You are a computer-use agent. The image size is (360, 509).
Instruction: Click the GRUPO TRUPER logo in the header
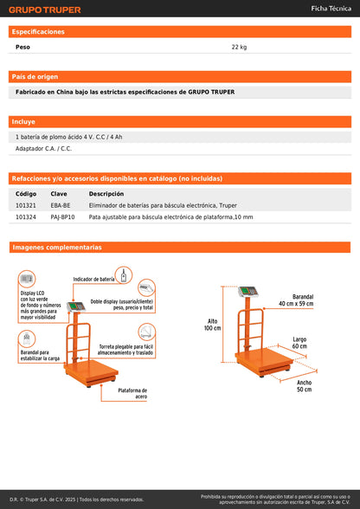[46, 10]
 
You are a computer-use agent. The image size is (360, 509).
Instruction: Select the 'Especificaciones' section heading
[38, 31]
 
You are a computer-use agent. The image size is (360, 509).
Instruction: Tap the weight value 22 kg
[240, 47]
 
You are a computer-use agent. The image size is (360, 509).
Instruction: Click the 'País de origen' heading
[36, 76]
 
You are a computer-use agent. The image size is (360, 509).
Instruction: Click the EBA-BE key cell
[61, 205]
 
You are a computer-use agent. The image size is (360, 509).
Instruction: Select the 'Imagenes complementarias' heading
[57, 248]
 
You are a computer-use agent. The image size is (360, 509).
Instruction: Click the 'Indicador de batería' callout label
[94, 280]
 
